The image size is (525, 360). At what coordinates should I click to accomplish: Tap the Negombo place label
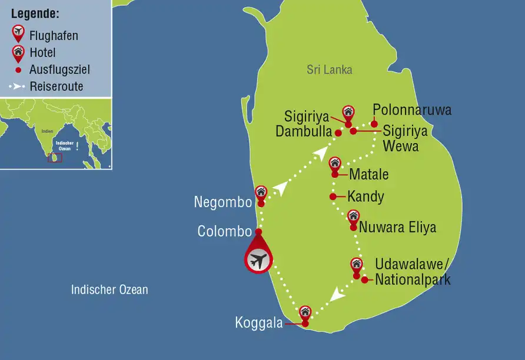(x=223, y=202)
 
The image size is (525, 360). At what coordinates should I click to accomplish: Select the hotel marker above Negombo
(x=261, y=192)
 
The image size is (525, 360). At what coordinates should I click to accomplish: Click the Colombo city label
(x=225, y=231)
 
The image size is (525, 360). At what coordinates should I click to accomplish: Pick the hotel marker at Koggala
(x=305, y=312)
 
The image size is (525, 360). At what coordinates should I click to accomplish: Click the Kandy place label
(x=365, y=196)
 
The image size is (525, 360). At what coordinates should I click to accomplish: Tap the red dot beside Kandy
(x=333, y=196)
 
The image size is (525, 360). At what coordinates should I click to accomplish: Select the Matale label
(x=369, y=175)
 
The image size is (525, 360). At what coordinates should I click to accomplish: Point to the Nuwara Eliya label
(x=398, y=226)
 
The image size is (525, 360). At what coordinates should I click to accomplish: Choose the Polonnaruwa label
(x=412, y=110)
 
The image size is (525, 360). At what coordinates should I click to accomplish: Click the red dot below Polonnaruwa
(x=374, y=124)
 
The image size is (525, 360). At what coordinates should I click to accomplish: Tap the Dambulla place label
(x=304, y=131)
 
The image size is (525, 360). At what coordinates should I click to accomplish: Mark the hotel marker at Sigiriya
(x=348, y=112)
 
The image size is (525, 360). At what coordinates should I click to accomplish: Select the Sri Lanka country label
(x=330, y=69)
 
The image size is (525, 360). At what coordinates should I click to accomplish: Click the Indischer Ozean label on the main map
(x=109, y=289)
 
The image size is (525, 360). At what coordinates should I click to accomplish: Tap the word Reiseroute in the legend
(x=57, y=86)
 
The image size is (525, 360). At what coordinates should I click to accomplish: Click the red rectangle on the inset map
(x=55, y=158)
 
